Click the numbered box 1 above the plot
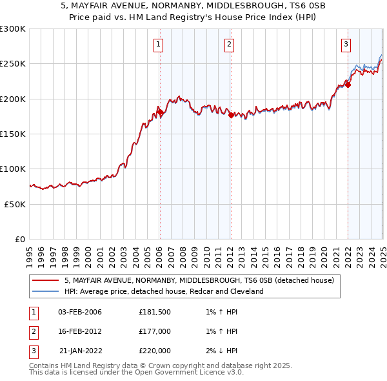pos(159,45)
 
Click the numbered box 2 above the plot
pos(230,45)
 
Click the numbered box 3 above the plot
pos(346,45)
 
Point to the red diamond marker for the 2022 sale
pos(348,85)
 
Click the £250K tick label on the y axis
pos(12,64)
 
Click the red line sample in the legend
pos(46,281)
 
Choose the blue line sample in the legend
pos(46,292)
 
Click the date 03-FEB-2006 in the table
pos(80,312)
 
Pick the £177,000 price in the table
pos(155,331)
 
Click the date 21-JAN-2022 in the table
pos(80,351)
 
